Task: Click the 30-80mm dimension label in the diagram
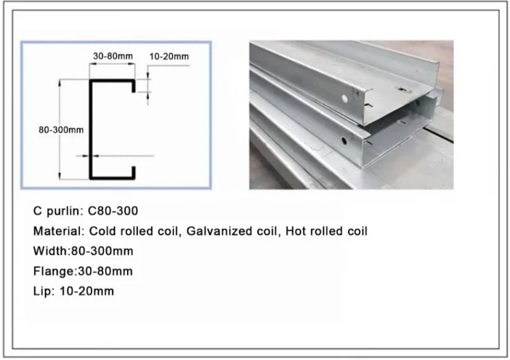click(x=113, y=56)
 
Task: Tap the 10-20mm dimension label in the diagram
click(x=169, y=57)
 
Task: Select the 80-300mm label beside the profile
click(x=61, y=130)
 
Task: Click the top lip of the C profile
click(x=133, y=86)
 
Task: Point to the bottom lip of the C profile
click(x=133, y=173)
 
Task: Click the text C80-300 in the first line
click(x=113, y=211)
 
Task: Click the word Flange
click(x=54, y=271)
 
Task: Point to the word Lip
click(x=42, y=291)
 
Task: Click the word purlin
click(x=66, y=211)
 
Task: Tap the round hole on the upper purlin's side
click(x=345, y=98)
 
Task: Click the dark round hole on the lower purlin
click(x=344, y=141)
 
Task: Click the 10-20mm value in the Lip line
click(x=87, y=291)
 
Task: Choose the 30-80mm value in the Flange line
click(x=105, y=271)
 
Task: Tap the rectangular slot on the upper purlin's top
click(x=403, y=90)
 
